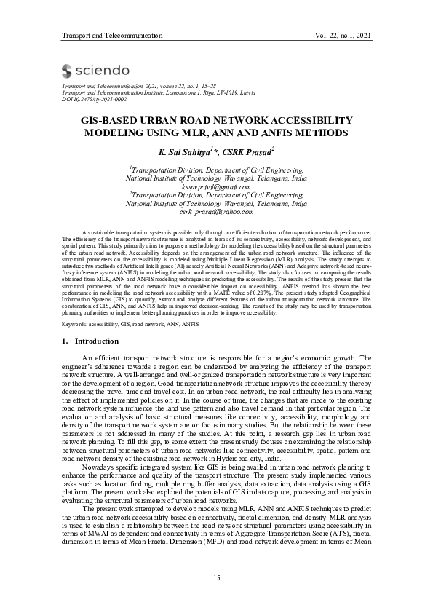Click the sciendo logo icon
point(66,71)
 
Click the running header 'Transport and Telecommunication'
point(111,35)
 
